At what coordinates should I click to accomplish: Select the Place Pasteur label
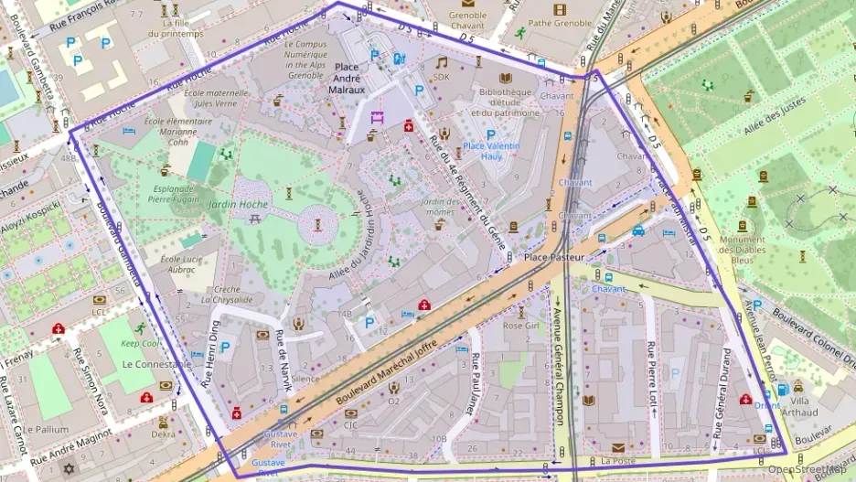pos(554,259)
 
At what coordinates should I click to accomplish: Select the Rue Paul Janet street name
pos(475,383)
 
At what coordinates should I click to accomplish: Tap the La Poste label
pos(617,460)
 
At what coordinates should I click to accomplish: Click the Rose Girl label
pos(521,325)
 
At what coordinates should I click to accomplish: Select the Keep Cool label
pos(140,344)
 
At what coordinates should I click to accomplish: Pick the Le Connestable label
pos(156,364)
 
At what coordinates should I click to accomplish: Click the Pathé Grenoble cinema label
pos(560,23)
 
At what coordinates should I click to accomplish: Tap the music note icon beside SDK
pos(442,62)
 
